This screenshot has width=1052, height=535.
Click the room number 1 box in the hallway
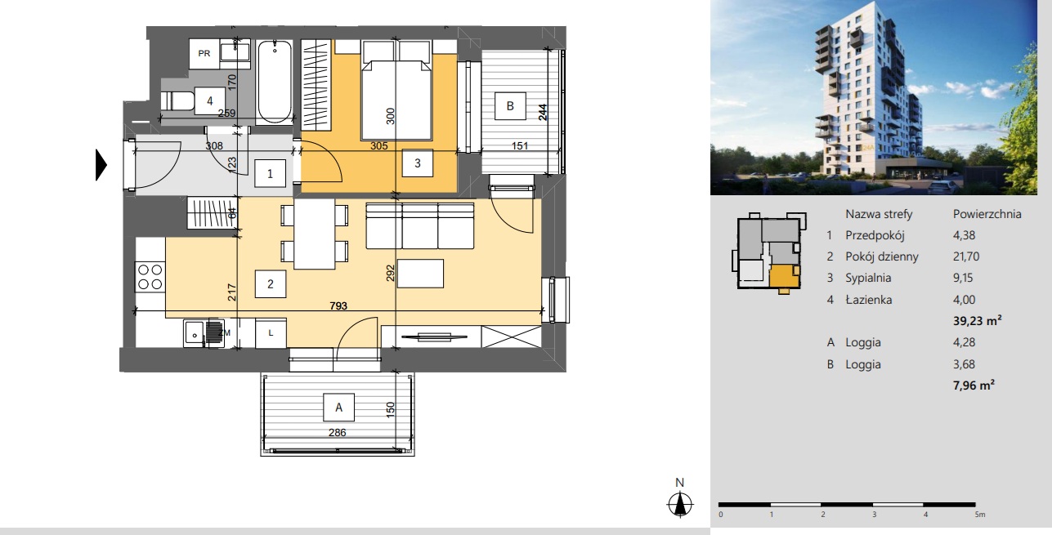coord(270,174)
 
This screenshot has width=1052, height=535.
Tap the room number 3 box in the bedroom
coord(418,163)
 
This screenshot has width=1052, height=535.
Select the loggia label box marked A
coord(338,408)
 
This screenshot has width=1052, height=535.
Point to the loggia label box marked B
coord(510,106)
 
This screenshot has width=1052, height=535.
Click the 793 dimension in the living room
coord(338,306)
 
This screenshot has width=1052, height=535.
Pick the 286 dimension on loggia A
coord(338,432)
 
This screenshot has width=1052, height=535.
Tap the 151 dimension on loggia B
coord(519,146)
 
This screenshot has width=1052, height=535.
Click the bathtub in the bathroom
coord(275,82)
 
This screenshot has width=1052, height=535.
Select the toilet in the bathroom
coord(177,100)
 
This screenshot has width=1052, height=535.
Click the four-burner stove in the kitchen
coord(150,276)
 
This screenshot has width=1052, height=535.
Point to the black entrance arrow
coord(101,165)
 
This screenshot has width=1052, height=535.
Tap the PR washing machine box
coord(204,54)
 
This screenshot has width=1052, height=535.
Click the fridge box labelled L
coord(271,333)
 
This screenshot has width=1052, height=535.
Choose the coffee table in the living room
coord(420,273)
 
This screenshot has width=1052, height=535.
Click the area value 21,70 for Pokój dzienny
coord(966,256)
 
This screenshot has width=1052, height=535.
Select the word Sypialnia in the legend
coord(868,278)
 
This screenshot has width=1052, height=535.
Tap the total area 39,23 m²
coord(978,320)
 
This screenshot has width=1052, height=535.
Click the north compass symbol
coord(679,504)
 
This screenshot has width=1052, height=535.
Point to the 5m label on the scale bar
coord(980,515)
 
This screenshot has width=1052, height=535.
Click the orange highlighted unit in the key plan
coord(785,277)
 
